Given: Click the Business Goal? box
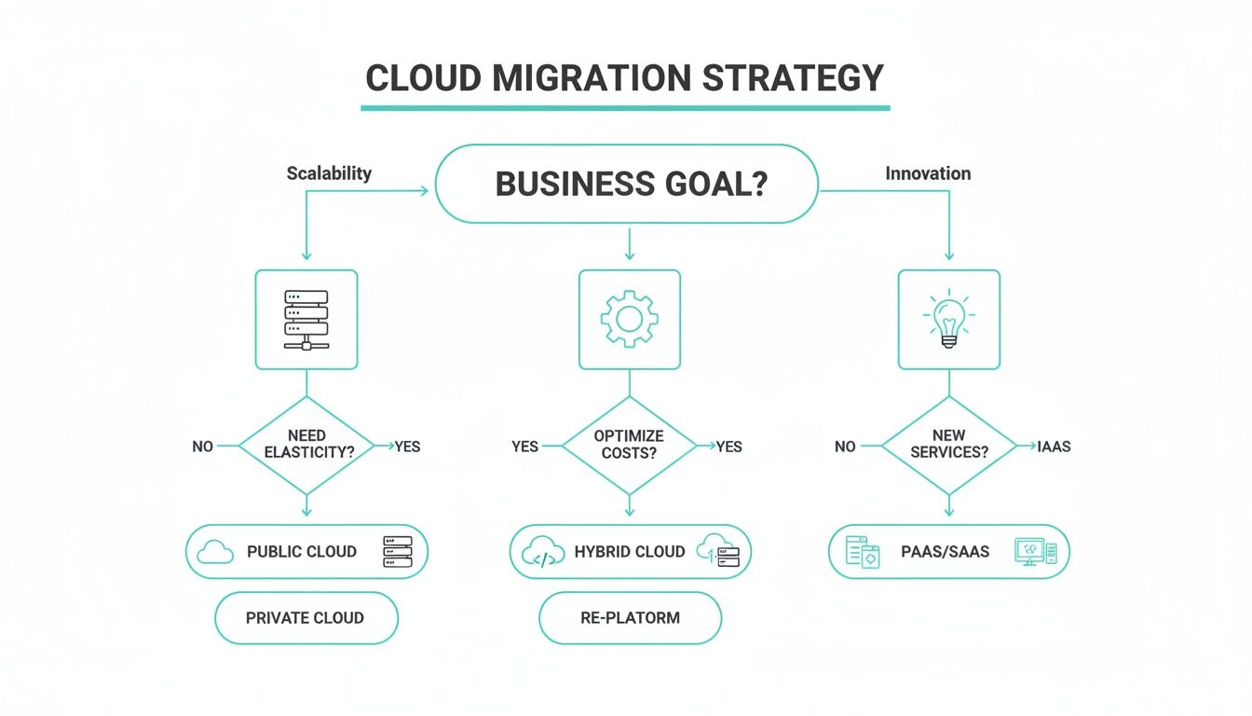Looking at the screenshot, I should (x=627, y=184).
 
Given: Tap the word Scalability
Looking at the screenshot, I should (x=329, y=173).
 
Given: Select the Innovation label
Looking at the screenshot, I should (x=927, y=173).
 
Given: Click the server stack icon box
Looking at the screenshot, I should (x=306, y=320).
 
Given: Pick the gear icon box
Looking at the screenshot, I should (x=630, y=320).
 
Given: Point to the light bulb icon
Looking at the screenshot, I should (x=948, y=320).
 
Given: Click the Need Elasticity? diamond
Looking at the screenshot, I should (x=306, y=445).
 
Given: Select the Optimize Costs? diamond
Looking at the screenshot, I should (x=630, y=445).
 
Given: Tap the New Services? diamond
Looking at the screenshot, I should (x=948, y=445).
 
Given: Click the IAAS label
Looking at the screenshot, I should (x=1054, y=447).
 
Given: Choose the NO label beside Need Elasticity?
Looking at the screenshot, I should (x=202, y=447).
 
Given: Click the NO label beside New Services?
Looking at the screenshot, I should (x=845, y=447).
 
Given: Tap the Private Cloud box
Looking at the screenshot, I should (x=306, y=617).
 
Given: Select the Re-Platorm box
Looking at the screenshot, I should (x=630, y=617).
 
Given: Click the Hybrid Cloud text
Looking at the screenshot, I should (x=630, y=552).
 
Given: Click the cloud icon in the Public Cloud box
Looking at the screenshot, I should (x=216, y=552).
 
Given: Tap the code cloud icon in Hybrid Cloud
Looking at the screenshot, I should (x=544, y=552).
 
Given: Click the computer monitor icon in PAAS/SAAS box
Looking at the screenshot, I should (x=1031, y=551).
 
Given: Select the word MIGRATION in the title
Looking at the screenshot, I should (x=592, y=78).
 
